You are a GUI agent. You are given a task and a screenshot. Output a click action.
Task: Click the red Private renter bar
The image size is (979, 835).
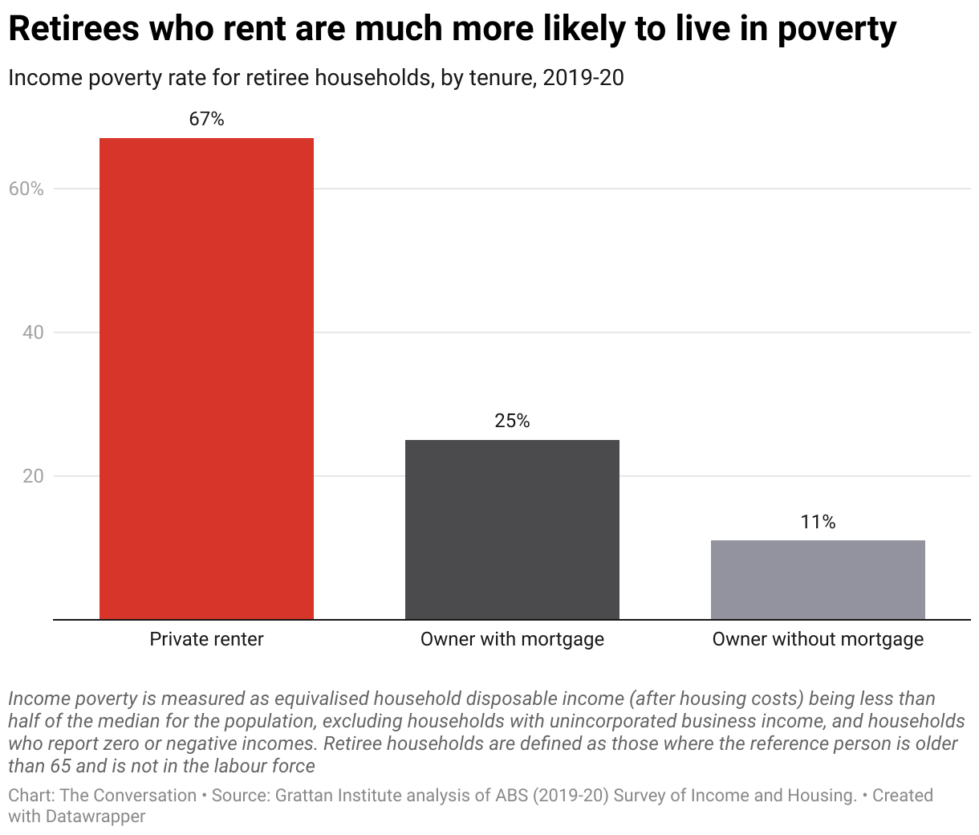(206, 378)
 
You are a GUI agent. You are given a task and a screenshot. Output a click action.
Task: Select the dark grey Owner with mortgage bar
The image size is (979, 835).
(512, 529)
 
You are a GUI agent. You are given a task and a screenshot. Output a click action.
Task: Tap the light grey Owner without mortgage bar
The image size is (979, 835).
(818, 580)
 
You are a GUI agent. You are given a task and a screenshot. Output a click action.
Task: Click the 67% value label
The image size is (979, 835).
(206, 119)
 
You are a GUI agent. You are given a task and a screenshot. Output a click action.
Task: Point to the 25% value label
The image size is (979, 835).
(512, 421)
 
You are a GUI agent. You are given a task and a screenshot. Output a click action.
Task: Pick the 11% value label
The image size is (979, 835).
(818, 522)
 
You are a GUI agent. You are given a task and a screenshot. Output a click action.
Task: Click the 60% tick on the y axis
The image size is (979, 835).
(26, 189)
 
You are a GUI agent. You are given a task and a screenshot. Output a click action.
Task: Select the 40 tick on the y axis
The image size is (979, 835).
(32, 332)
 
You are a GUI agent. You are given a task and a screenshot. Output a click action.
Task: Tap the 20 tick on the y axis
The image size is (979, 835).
(32, 476)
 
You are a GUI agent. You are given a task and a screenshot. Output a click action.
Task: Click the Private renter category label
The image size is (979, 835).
(206, 639)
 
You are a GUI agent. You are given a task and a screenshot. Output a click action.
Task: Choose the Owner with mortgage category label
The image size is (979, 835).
(512, 639)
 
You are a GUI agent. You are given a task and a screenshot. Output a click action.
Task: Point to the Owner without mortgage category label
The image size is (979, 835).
(818, 639)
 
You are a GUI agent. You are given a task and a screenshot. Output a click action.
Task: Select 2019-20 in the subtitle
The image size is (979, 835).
(583, 78)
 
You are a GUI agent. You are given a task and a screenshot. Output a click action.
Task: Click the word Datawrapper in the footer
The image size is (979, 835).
(95, 817)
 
